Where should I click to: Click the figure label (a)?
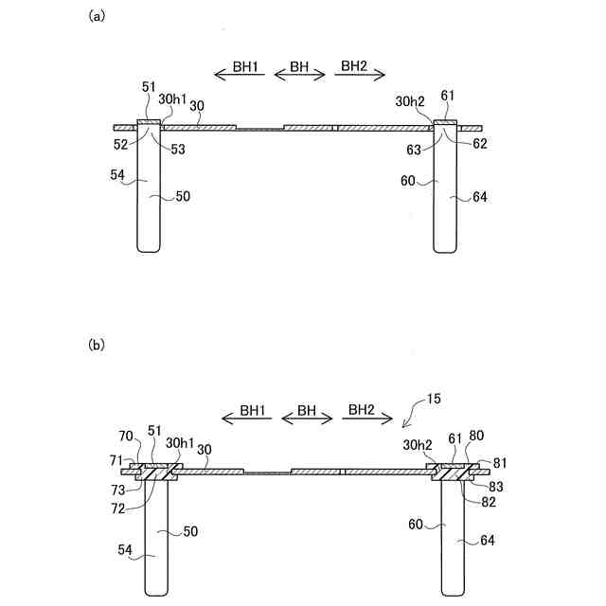tap(96, 16)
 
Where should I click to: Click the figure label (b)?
tap(96, 346)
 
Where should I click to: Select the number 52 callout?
tap(120, 143)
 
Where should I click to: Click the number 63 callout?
tap(415, 148)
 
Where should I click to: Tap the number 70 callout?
tap(125, 437)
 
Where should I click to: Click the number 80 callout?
tap(476, 437)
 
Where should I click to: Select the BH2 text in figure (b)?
tap(361, 410)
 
